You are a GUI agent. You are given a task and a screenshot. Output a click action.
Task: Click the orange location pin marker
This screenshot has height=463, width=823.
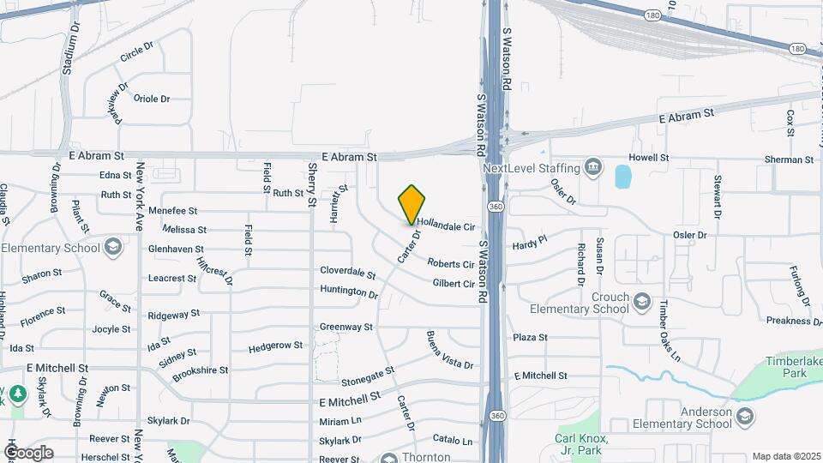coord(412,204)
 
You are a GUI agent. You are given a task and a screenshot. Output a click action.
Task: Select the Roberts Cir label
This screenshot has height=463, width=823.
coord(450,265)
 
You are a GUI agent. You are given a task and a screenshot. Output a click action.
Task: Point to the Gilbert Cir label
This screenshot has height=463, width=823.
coord(454,284)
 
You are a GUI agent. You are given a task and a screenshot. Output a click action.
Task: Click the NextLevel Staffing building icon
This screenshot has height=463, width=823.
coord(592,167)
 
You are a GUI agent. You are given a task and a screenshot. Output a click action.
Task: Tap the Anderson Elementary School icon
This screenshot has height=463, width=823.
coord(745,417)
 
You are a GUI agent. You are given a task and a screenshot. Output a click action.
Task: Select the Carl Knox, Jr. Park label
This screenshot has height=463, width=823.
coord(580,444)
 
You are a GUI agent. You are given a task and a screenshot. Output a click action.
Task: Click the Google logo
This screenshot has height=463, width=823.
coord(28,452)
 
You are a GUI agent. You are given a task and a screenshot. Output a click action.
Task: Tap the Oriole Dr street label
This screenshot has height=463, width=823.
coord(152,99)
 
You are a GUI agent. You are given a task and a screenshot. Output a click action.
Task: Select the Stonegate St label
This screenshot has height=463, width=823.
coord(367,376)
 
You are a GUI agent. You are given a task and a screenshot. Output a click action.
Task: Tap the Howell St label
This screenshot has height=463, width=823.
coord(648,158)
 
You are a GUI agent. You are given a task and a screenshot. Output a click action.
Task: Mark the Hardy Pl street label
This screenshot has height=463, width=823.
coord(529,244)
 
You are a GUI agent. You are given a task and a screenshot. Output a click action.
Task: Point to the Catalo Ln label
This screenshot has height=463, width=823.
coord(453,441)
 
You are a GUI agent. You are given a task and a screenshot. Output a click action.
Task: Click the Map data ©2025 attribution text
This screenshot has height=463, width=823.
coord(785,456)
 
